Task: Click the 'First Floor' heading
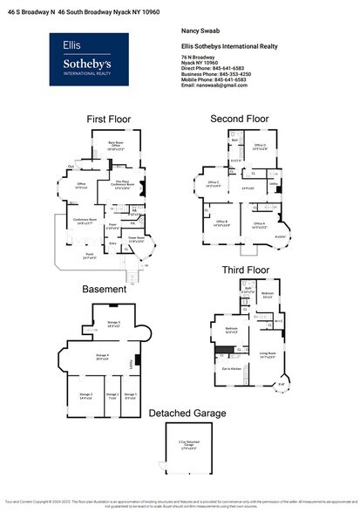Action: coord(109,119)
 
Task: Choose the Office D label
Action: coord(259,147)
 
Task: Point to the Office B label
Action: coord(221,223)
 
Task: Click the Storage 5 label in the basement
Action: coord(113,324)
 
